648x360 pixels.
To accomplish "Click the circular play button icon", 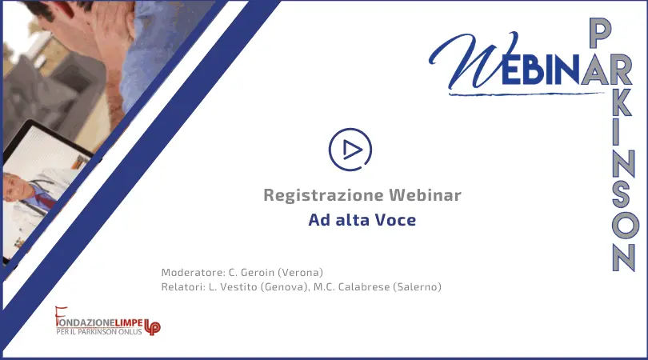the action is [350, 150].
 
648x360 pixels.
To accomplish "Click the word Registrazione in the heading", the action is [323, 195].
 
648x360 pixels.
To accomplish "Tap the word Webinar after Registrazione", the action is [425, 194].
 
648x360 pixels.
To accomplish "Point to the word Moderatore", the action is [193, 272].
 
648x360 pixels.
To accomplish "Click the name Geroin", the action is [258, 272].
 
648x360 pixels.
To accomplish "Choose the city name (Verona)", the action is [301, 272].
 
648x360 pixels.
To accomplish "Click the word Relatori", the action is [183, 286].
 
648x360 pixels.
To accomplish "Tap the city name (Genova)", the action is [285, 286].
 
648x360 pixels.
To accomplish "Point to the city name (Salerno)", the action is [417, 286].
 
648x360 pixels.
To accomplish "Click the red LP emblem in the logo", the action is [152, 326].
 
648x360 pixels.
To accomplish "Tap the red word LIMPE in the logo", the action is [129, 322].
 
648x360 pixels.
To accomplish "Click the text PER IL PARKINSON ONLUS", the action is [98, 331].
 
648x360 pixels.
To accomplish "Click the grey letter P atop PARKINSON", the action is [600, 33].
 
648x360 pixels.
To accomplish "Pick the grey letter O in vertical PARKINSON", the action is [626, 226].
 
